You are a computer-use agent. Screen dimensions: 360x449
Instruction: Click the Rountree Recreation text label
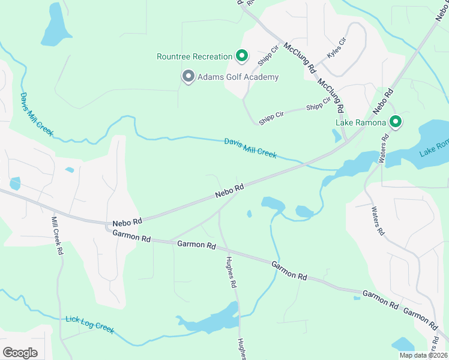coord(194,57)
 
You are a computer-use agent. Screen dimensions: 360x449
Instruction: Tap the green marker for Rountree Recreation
coord(241,56)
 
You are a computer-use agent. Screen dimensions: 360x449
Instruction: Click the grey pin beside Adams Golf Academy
coord(188,76)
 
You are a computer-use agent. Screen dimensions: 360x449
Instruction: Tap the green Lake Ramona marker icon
coord(395,122)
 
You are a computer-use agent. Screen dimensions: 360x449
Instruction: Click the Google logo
coord(20,353)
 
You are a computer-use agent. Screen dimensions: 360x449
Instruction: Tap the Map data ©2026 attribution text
coord(423,355)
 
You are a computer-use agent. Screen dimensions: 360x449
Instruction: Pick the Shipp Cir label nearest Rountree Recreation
coord(269,54)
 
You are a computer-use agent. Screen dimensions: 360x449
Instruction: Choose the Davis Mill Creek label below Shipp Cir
coord(250,148)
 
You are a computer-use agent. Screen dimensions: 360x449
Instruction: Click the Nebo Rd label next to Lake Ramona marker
coord(382,102)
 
